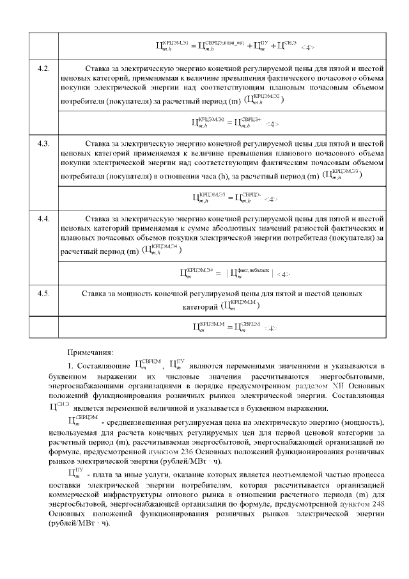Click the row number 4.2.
pos(44,67)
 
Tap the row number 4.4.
pos(44,218)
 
